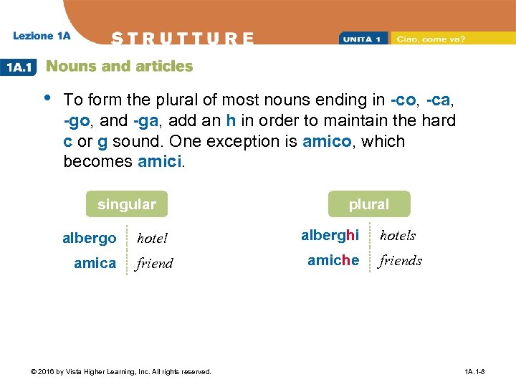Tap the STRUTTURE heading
(183, 38)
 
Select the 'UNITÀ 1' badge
(363, 38)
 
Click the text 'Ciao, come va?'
(431, 38)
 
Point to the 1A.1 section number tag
(19, 67)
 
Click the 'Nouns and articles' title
(119, 67)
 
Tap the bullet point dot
(47, 97)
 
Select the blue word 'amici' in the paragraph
(158, 161)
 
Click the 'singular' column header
(126, 204)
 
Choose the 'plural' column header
(368, 204)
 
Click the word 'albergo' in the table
(89, 238)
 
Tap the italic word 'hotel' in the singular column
(152, 238)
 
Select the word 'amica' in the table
(95, 263)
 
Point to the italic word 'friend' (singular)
(155, 263)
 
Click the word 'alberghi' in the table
(330, 235)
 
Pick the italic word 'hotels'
(398, 235)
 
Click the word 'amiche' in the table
(333, 260)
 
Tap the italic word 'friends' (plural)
(401, 260)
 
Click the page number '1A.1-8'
(474, 372)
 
